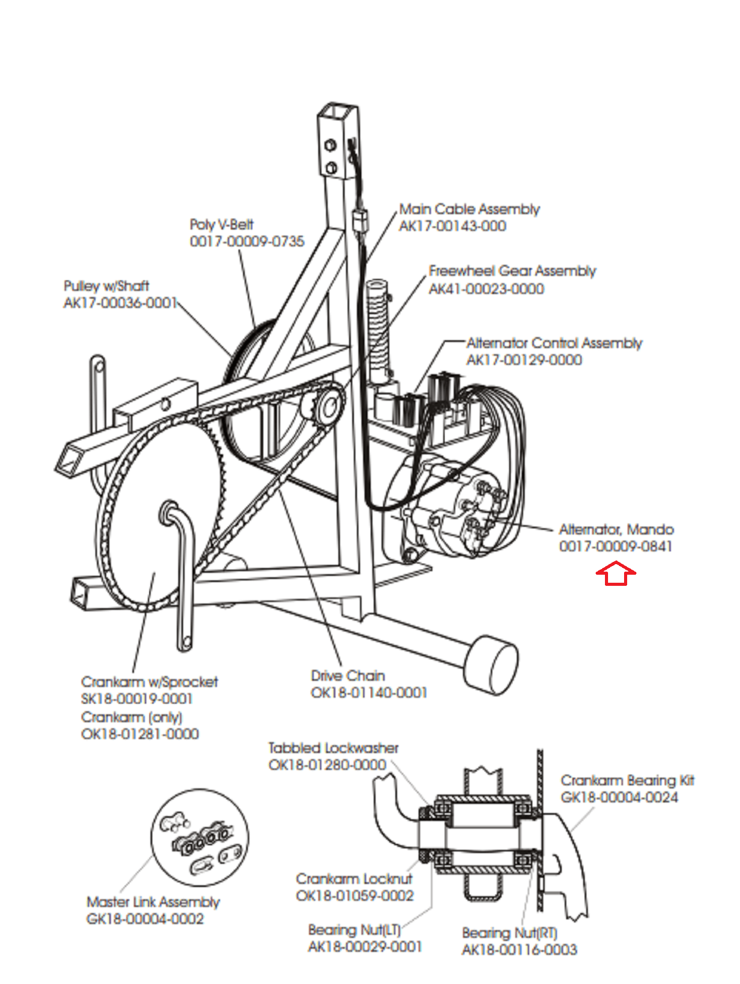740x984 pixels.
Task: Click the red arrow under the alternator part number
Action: click(x=615, y=573)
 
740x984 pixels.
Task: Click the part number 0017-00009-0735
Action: click(x=247, y=241)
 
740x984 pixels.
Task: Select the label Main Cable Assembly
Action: click(x=469, y=209)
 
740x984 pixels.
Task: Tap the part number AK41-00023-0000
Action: click(x=487, y=289)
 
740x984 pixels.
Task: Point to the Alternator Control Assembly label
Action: click(x=554, y=343)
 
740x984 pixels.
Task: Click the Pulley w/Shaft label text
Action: click(x=106, y=286)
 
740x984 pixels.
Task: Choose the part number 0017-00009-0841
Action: click(x=615, y=546)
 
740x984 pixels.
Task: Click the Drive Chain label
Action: click(x=348, y=675)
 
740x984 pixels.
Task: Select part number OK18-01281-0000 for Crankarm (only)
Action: click(x=140, y=734)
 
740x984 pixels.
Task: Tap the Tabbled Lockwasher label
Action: click(x=333, y=748)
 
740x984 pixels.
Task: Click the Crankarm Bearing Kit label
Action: click(x=627, y=780)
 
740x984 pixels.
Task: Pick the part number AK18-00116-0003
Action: click(x=519, y=949)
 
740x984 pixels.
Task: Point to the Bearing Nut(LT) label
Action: click(x=354, y=930)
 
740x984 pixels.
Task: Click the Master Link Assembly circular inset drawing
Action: click(x=200, y=838)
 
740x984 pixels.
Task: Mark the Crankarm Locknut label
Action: click(x=354, y=878)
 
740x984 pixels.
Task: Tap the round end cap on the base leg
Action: click(x=491, y=665)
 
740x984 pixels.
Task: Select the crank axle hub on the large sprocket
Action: click(x=169, y=512)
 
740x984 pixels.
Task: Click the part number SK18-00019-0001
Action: click(x=137, y=699)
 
